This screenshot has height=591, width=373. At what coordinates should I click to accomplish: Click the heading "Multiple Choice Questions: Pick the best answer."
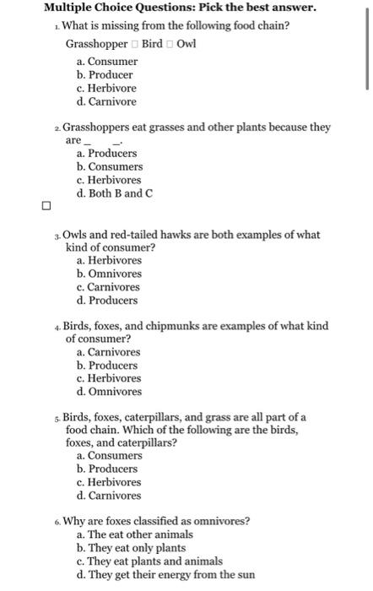tap(181, 8)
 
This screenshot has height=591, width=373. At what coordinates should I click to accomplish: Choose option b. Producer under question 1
tap(106, 75)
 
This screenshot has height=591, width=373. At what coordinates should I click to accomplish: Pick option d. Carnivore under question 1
tap(105, 101)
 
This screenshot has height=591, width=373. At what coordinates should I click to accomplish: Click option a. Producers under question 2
tap(106, 154)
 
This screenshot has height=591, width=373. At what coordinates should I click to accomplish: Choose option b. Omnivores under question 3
tap(109, 274)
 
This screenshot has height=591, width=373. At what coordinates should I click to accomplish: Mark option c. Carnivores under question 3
tap(109, 287)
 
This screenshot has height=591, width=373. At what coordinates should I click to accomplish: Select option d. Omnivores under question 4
tap(109, 392)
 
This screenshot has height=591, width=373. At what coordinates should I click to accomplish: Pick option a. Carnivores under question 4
tap(109, 352)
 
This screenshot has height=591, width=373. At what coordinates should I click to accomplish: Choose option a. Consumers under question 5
tap(109, 456)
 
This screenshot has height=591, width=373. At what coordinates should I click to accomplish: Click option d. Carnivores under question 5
tap(109, 496)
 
